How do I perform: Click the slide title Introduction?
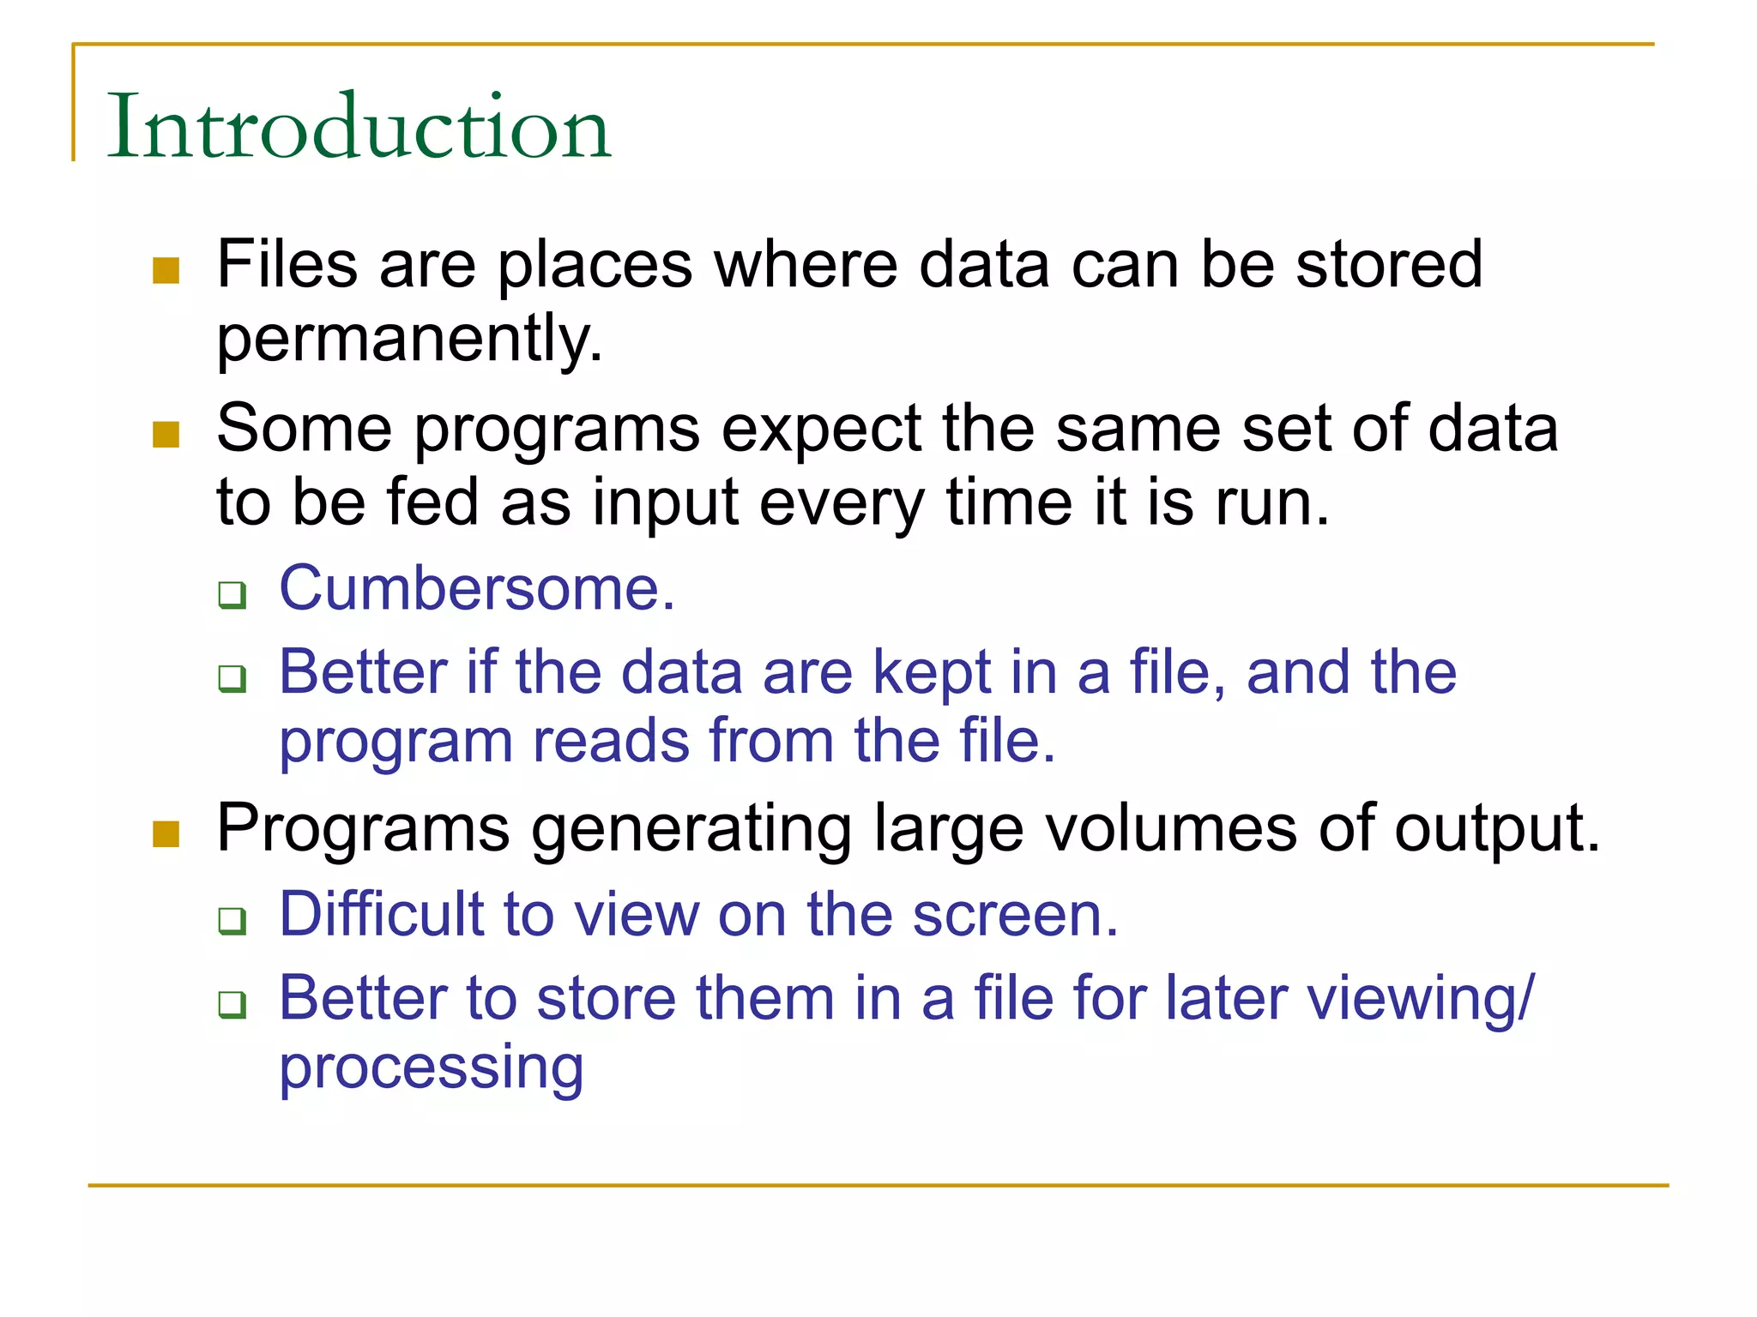[x=359, y=126]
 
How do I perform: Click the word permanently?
[x=409, y=339]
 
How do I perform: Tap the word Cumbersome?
[x=477, y=589]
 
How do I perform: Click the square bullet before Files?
[x=166, y=271]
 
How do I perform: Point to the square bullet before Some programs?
[x=166, y=434]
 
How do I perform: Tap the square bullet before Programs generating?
[x=166, y=833]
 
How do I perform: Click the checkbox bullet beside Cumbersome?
[x=232, y=594]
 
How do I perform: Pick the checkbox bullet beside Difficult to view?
[x=232, y=921]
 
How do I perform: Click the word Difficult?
[x=382, y=914]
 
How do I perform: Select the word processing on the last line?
[x=432, y=1068]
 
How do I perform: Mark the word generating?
[x=691, y=830]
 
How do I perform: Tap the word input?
[x=665, y=503]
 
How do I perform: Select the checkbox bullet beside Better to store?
[x=232, y=1004]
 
